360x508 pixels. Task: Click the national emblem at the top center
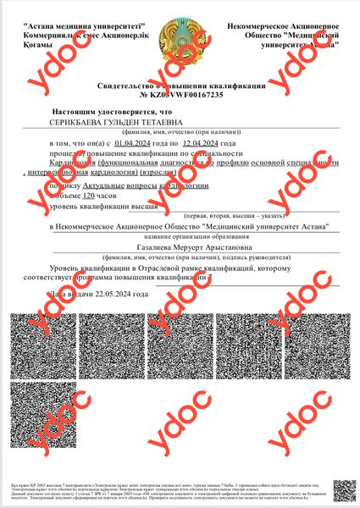(x=180, y=36)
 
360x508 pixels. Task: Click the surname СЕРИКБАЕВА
(x=81, y=123)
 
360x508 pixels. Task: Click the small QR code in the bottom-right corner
(x=342, y=490)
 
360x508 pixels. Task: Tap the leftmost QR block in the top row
(x=37, y=343)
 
